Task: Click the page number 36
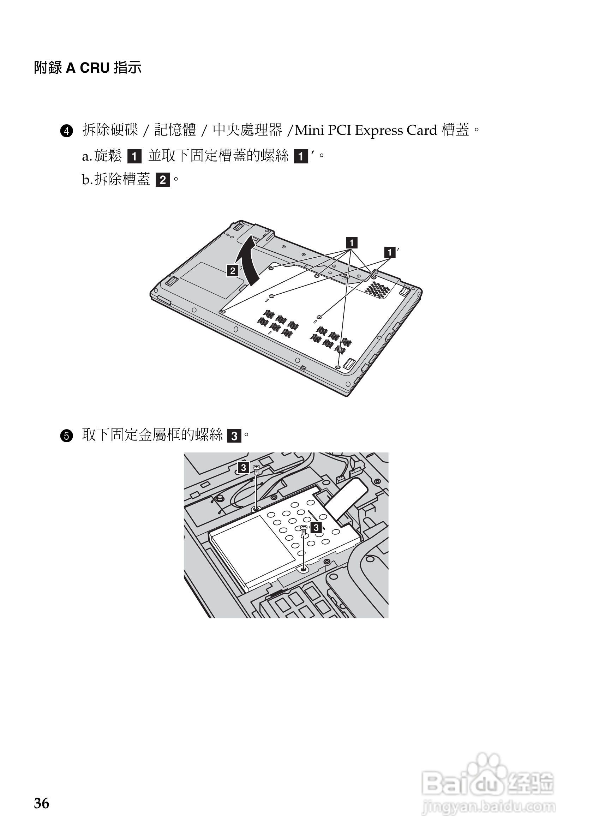coord(41,803)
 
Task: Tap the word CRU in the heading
coord(95,68)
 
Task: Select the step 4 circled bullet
coord(67,131)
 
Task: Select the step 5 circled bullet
coord(67,436)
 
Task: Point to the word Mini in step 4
coord(309,130)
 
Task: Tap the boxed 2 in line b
coord(163,180)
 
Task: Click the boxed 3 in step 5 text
coord(234,436)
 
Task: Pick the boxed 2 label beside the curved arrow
coord(233,271)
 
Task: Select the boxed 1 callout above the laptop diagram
coord(352,243)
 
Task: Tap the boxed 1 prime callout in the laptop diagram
coord(390,252)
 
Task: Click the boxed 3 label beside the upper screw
coord(243,468)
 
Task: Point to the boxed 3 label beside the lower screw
coord(316,528)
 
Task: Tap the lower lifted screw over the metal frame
coord(303,529)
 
